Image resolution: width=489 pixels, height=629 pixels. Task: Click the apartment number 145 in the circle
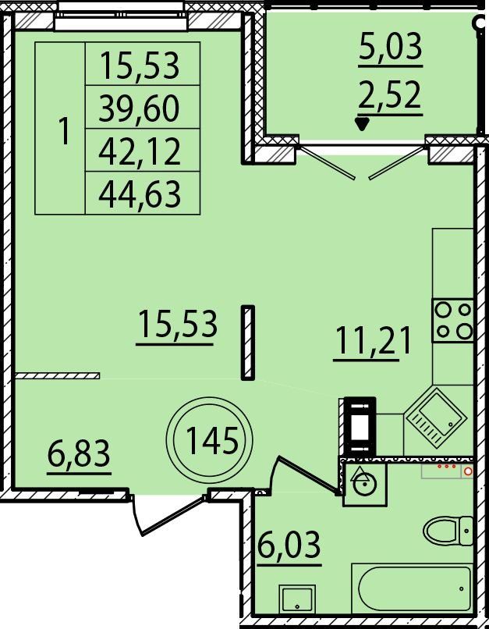pos(212,440)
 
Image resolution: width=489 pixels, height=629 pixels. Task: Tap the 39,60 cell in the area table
pos(139,108)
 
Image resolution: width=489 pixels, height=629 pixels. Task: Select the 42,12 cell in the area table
pos(140,151)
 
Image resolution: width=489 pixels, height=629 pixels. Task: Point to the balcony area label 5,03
pos(391,46)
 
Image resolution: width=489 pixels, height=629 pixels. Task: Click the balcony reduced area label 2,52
pos(390,94)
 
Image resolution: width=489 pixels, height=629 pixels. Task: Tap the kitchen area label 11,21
pos(373,340)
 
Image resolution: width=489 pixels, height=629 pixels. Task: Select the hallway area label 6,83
pos(79,453)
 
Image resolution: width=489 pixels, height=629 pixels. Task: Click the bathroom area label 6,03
pos(289,545)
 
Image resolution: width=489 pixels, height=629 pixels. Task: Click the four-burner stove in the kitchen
pos(453,320)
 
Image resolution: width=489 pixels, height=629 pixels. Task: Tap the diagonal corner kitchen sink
pos(436,416)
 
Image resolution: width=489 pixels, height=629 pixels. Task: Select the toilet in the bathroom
pos(448,531)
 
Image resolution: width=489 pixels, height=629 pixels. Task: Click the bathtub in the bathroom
pos(413,589)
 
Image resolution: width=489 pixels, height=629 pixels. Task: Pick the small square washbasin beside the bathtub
pos(297,599)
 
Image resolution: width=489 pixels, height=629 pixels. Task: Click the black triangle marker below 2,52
pos(363,124)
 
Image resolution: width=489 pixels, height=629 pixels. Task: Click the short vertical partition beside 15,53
pos(248,343)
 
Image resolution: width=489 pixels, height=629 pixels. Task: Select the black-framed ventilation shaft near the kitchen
pos(360,426)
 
